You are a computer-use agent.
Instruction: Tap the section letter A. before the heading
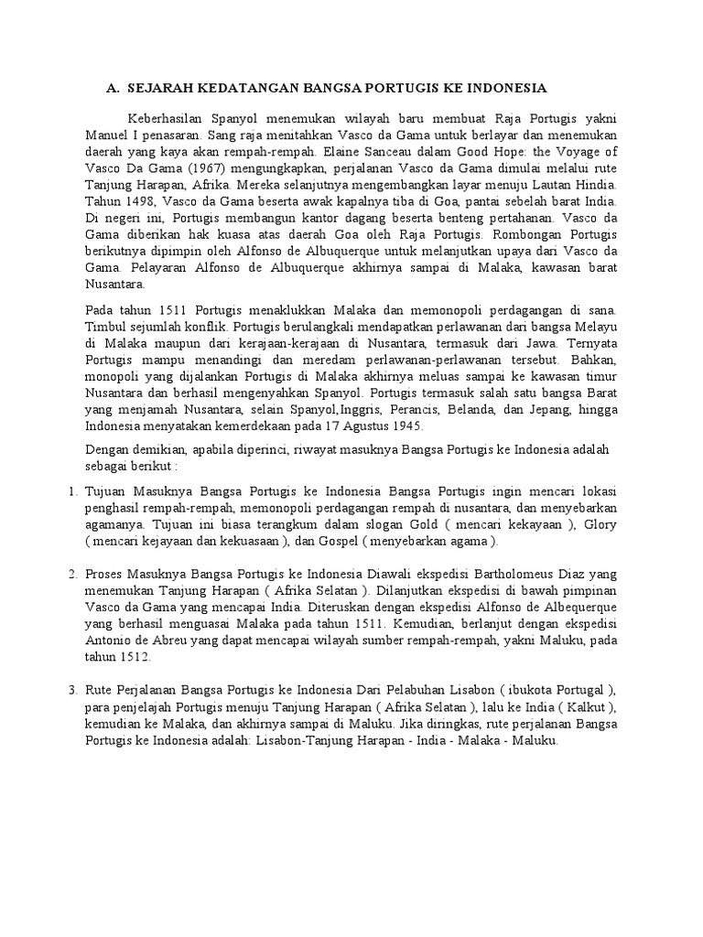tap(114, 88)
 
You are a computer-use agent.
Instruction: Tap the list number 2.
tap(75, 576)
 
